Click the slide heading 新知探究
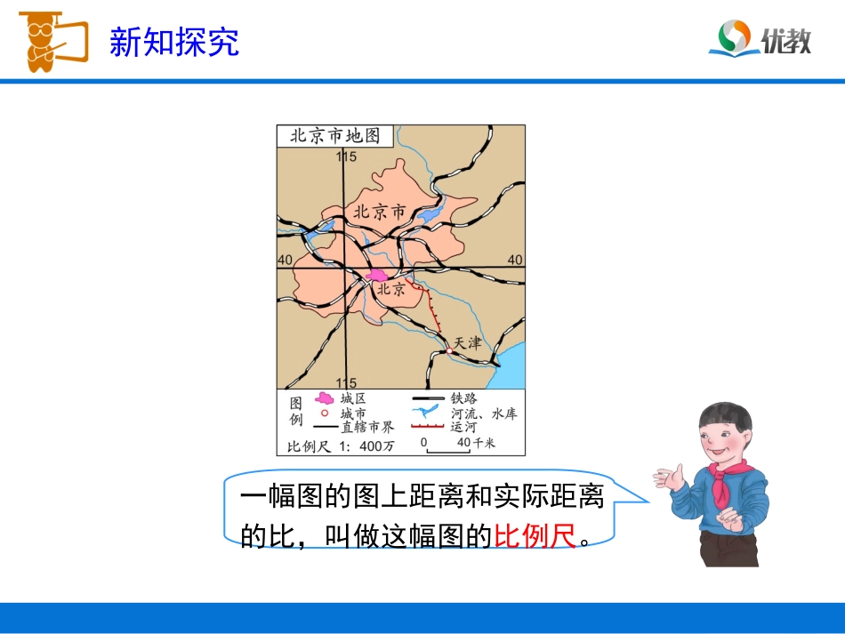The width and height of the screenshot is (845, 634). pyautogui.click(x=174, y=42)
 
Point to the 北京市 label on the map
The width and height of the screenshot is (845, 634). pyautogui.click(x=379, y=212)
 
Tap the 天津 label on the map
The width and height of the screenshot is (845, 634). pyautogui.click(x=467, y=342)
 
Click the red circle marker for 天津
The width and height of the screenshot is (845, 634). pyautogui.click(x=449, y=351)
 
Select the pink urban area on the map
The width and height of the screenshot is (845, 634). pyautogui.click(x=378, y=276)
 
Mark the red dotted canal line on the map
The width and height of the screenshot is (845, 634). pyautogui.click(x=432, y=311)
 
